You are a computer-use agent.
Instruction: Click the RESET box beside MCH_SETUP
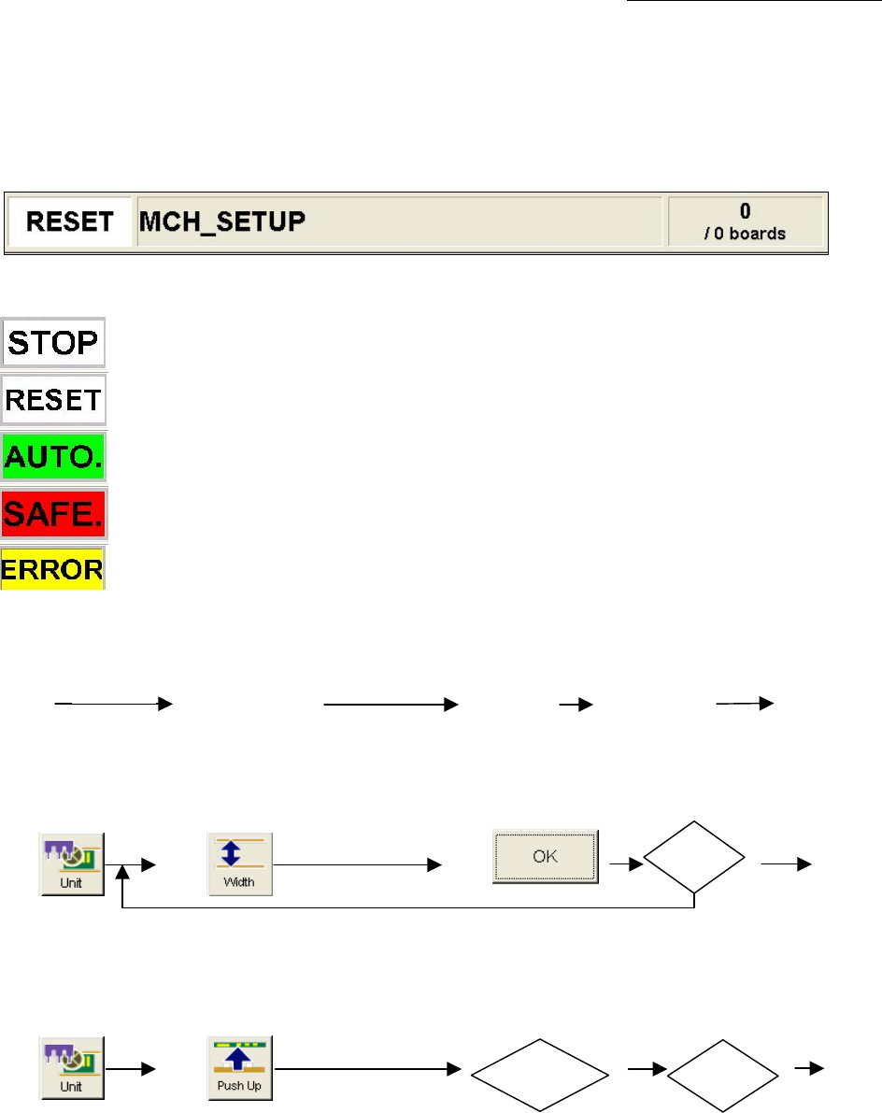(x=70, y=222)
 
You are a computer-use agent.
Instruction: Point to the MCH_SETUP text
(x=223, y=222)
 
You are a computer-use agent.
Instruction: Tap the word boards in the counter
(x=757, y=234)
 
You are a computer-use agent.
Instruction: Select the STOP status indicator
(x=53, y=343)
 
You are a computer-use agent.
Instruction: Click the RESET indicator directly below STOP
(x=53, y=401)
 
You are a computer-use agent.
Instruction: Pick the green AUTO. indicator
(x=53, y=457)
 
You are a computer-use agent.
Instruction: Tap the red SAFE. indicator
(x=53, y=514)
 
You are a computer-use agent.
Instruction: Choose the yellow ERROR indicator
(x=53, y=568)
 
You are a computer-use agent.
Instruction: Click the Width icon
(x=240, y=864)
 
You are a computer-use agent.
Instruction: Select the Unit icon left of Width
(x=72, y=864)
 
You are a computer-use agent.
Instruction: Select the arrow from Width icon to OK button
(x=355, y=865)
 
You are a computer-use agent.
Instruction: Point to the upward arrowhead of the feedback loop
(x=123, y=874)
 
